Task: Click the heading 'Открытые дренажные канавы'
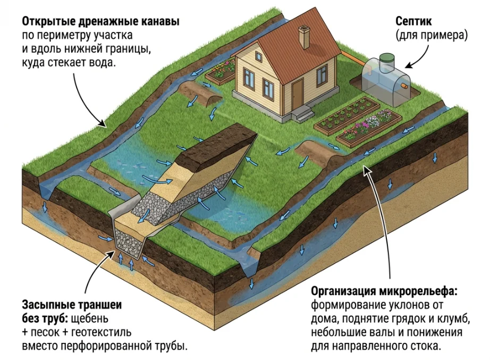(100, 22)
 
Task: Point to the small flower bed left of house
(221, 71)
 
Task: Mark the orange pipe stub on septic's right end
(405, 84)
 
